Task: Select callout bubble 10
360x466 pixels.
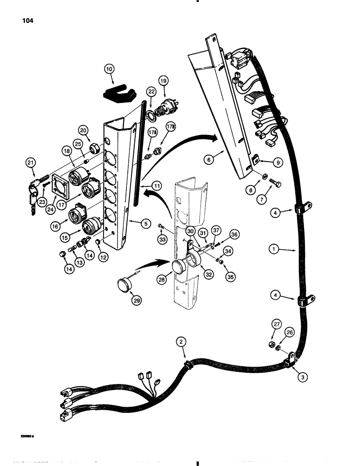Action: click(x=109, y=69)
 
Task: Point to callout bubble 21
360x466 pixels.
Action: click(x=32, y=162)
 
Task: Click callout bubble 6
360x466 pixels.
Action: click(x=209, y=159)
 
